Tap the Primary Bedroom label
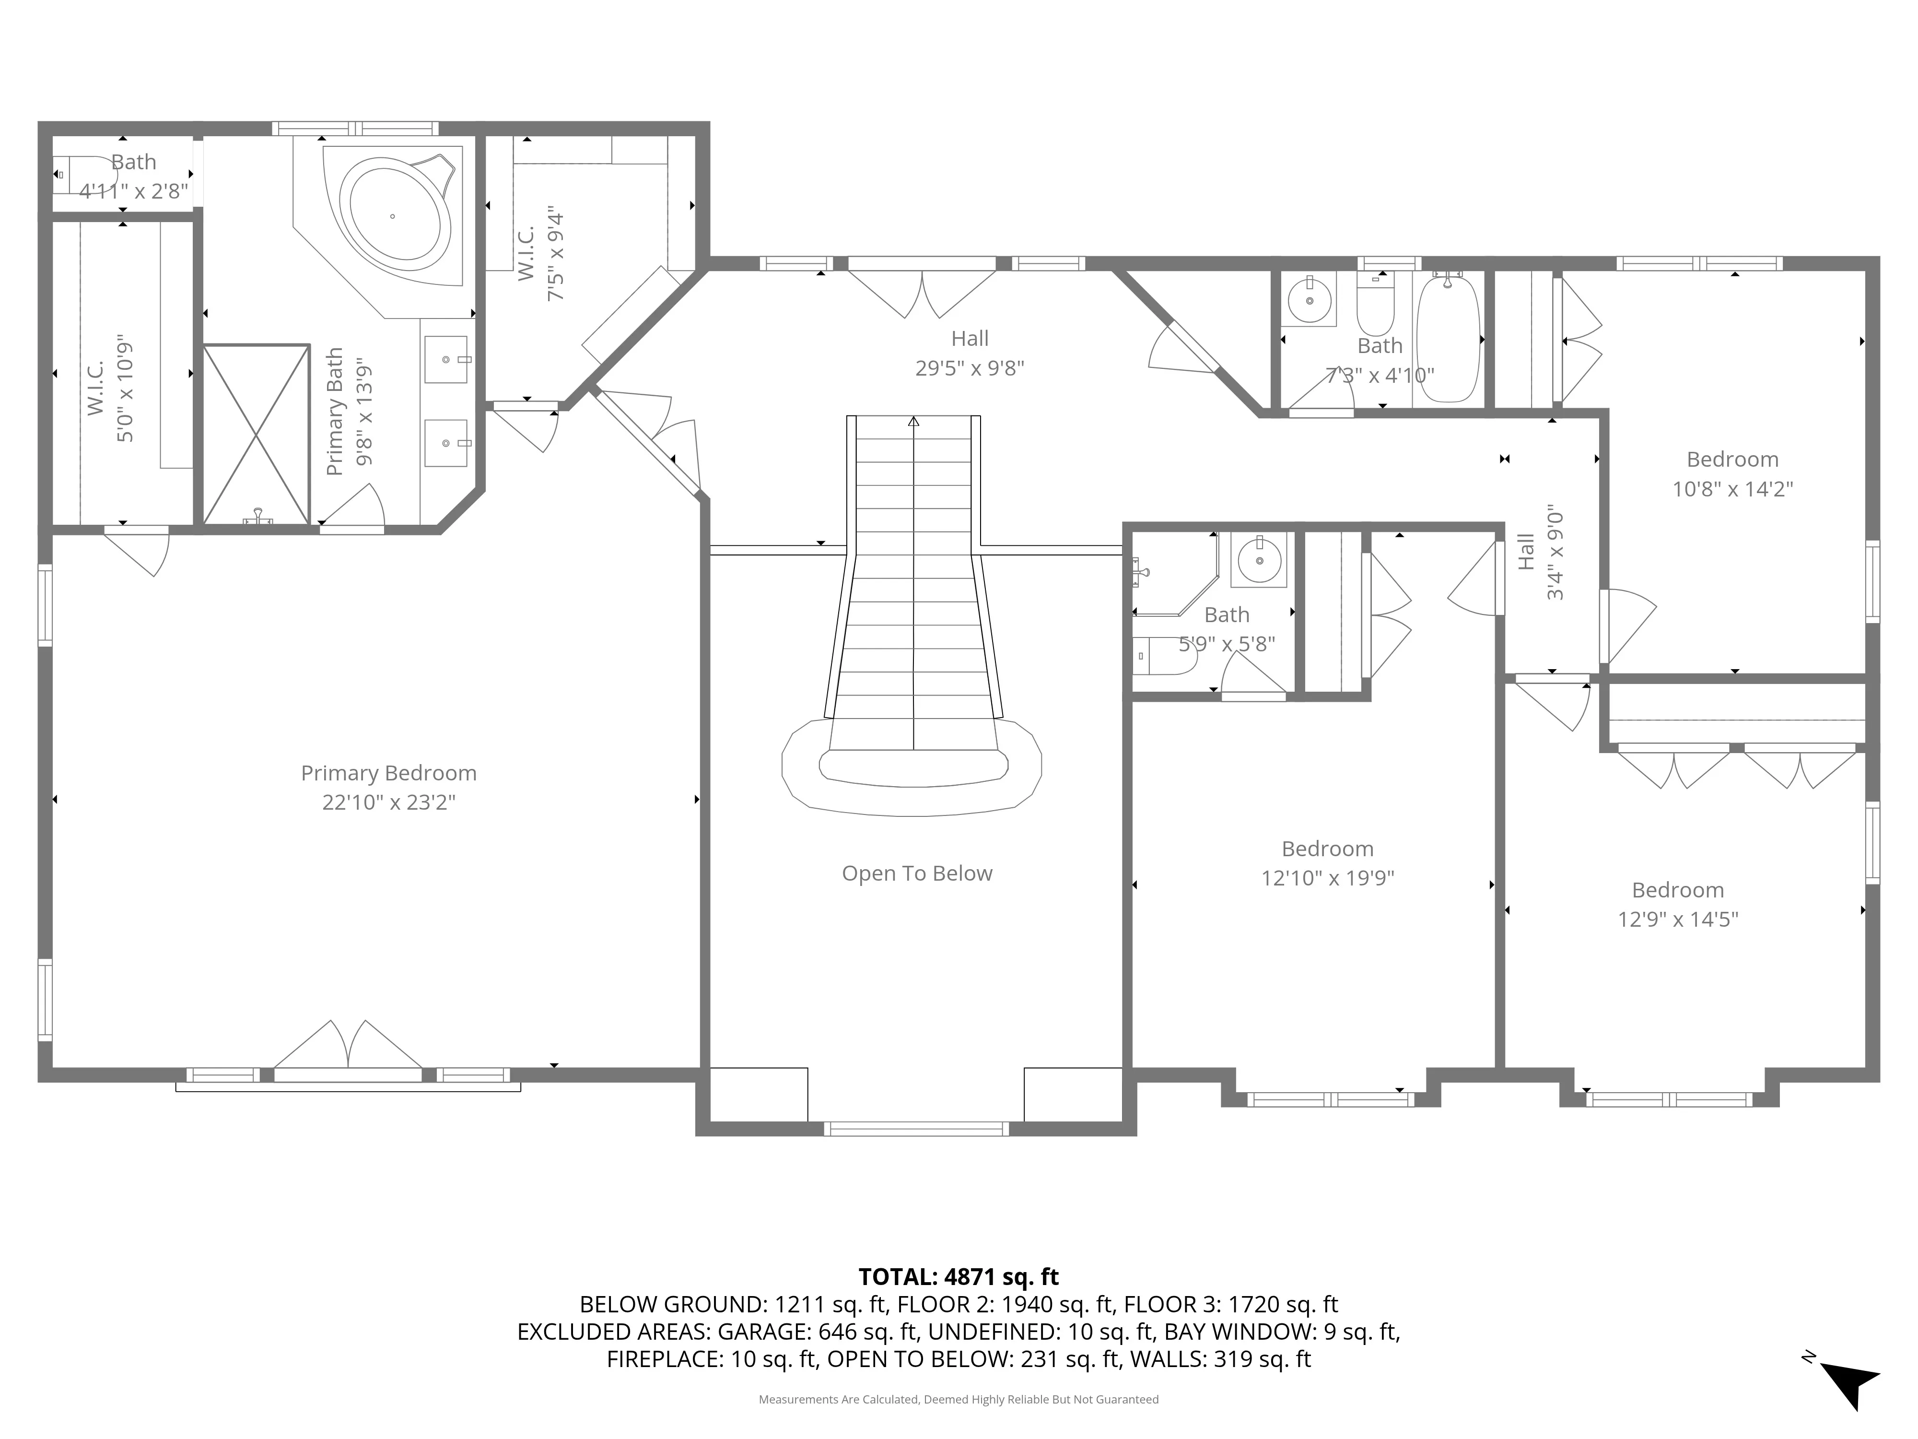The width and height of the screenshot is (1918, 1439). (x=388, y=773)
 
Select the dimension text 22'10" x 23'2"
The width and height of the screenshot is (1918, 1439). (x=388, y=802)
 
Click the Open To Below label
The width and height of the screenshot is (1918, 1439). (x=916, y=873)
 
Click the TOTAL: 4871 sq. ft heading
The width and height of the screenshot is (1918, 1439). (x=958, y=1277)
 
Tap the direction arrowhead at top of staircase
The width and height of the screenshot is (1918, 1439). (x=913, y=423)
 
